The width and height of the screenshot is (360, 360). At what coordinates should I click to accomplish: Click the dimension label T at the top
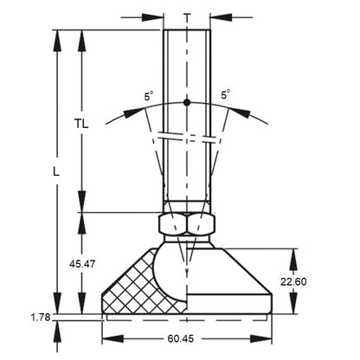click(x=187, y=16)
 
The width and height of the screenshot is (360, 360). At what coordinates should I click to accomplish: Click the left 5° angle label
click(x=151, y=97)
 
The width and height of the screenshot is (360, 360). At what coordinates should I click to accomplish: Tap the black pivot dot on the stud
click(x=187, y=103)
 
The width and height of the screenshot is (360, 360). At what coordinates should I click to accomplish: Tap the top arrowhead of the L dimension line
click(x=57, y=35)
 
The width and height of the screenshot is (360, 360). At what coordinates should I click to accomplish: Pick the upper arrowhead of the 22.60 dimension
click(x=295, y=252)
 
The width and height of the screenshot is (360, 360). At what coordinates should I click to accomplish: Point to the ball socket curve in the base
click(x=164, y=277)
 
